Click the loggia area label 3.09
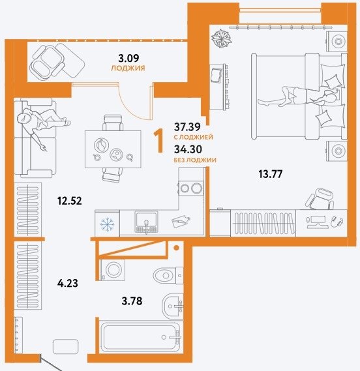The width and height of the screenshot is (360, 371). coord(128,58)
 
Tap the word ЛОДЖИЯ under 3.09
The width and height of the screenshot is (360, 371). coord(128,68)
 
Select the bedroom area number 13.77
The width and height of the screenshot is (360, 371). coord(270,174)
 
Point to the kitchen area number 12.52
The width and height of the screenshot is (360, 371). coord(69,201)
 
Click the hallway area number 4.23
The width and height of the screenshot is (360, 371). coord(68,283)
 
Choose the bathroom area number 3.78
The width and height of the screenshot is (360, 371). coord(132,301)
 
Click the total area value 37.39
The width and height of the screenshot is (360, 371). coord(187,127)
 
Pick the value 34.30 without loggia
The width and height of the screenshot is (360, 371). coord(188,149)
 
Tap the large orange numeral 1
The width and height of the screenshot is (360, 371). coord(159,141)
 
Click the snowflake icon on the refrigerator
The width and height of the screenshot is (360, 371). coord(107,224)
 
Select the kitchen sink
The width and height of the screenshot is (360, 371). coord(146,222)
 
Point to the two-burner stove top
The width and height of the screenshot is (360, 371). coord(191,188)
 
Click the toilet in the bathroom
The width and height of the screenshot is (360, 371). coord(168,275)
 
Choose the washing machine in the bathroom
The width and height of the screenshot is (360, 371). coord(113,270)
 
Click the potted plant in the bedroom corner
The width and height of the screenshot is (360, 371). coord(221,38)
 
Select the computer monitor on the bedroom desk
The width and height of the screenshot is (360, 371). coord(317,222)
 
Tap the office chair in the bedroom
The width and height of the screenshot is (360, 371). coord(320,198)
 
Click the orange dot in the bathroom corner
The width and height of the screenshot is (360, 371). coord(176,248)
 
